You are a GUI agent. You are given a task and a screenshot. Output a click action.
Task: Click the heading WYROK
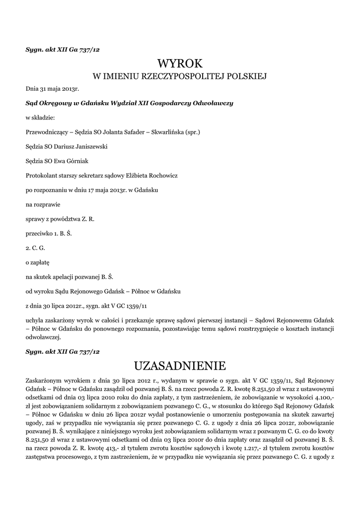180,63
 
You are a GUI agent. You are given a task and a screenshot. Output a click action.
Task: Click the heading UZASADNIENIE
180,366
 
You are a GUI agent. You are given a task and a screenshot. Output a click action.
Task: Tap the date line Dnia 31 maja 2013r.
53,89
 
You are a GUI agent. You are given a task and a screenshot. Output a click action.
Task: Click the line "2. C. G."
35,247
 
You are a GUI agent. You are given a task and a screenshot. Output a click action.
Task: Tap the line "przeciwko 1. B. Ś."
49,233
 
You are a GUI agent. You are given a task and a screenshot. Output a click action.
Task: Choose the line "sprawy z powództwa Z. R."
60,219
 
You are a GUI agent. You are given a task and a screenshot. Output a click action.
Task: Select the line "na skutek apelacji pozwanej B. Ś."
72,276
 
